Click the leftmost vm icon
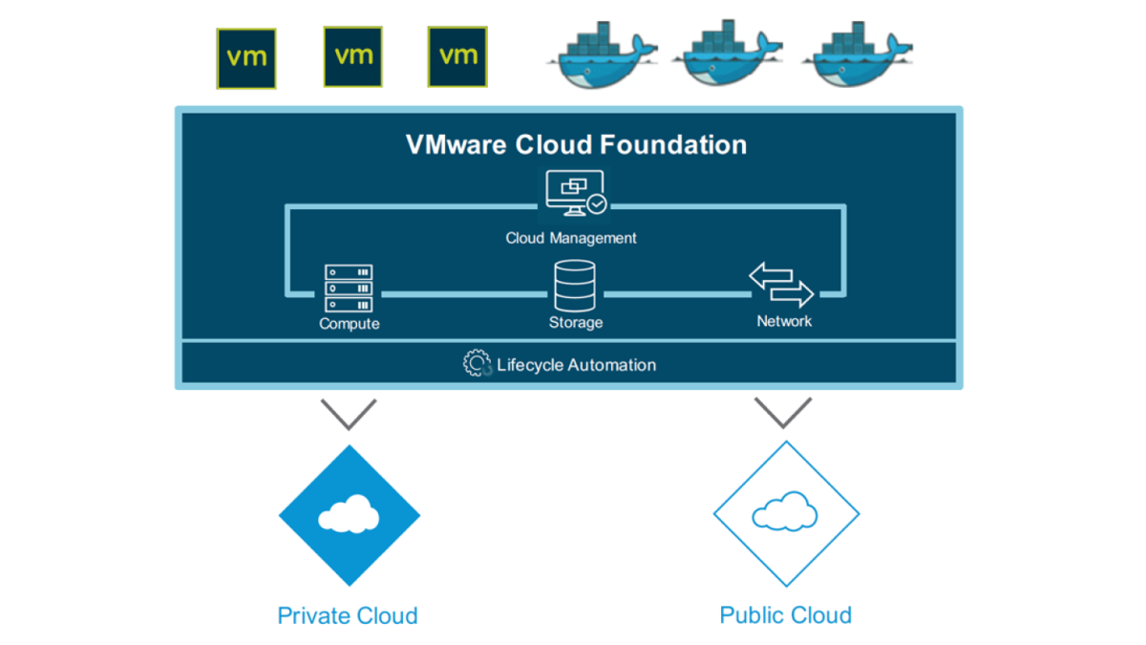246,58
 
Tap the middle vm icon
353,56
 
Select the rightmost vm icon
457,56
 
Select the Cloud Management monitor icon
575,195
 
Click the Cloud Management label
571,237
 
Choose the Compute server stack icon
349,289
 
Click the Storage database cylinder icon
575,286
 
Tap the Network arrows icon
781,285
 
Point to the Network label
784,321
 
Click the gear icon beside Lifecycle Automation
477,364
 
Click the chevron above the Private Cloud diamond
349,414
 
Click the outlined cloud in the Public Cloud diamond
785,513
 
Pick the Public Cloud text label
785,614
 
